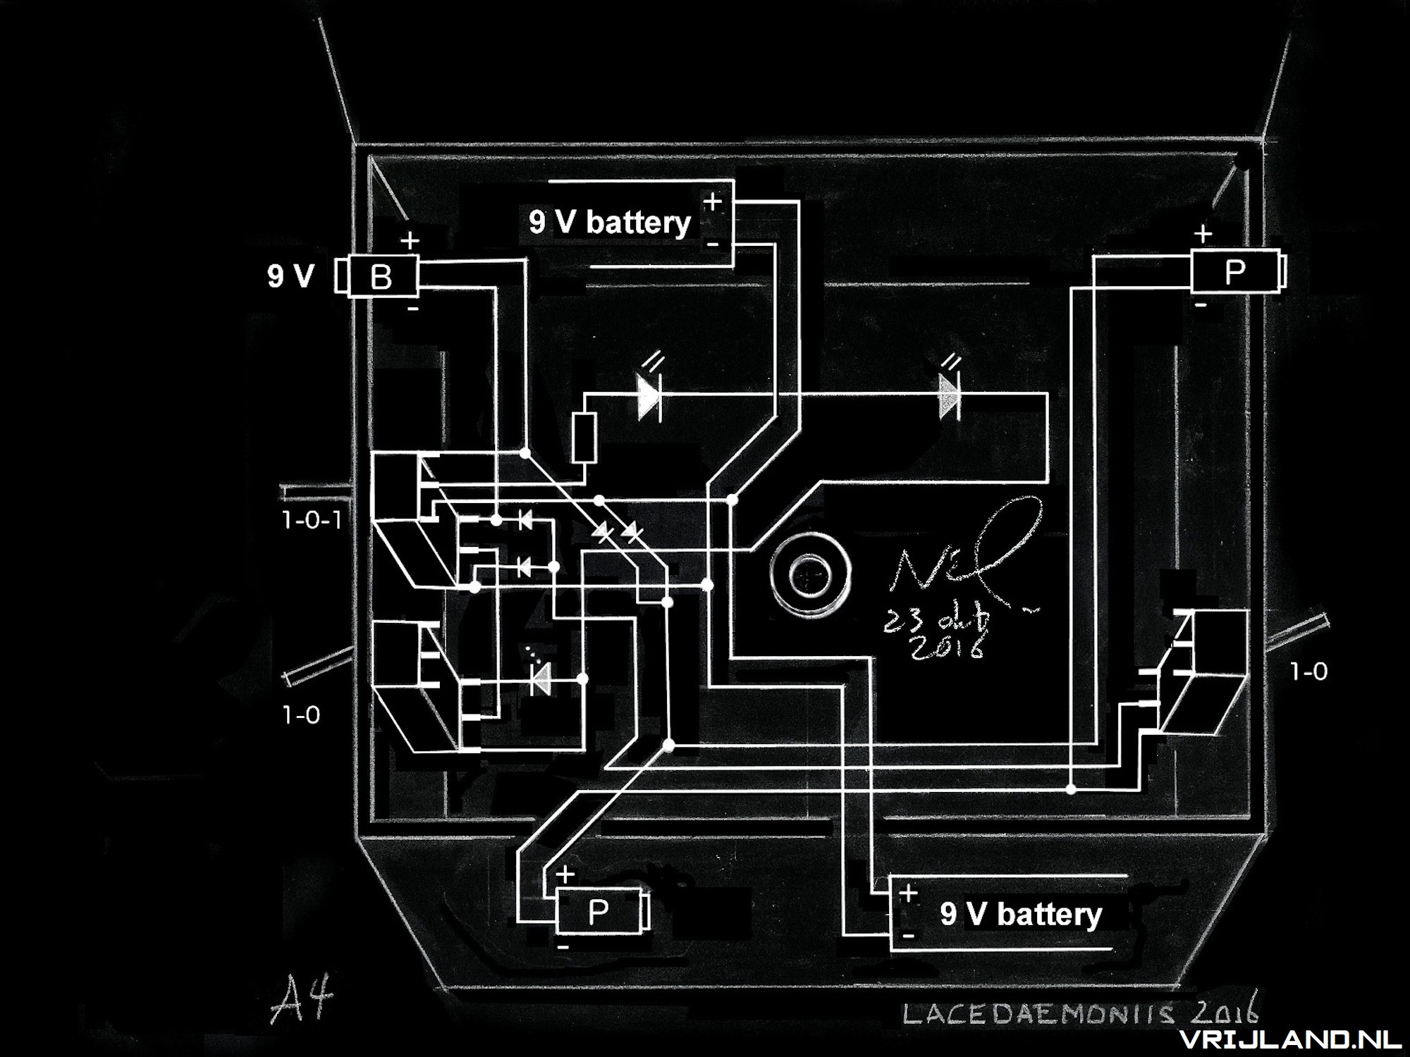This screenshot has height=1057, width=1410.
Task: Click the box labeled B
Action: click(382, 276)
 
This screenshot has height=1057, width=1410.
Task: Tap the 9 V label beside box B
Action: click(290, 276)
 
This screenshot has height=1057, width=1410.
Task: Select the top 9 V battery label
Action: click(610, 223)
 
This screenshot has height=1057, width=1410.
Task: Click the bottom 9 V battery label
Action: click(1020, 914)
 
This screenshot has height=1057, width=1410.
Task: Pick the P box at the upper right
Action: click(1234, 272)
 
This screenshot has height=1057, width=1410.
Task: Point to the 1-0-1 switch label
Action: click(312, 521)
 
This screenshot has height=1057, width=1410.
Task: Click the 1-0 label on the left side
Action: click(301, 715)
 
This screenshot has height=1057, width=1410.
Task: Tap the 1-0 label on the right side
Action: click(1308, 672)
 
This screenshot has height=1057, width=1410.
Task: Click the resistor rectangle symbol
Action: click(584, 438)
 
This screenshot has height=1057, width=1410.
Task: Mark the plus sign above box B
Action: click(410, 241)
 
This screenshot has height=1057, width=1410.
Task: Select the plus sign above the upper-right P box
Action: click(1203, 233)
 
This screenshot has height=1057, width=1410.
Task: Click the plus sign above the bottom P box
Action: click(565, 874)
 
